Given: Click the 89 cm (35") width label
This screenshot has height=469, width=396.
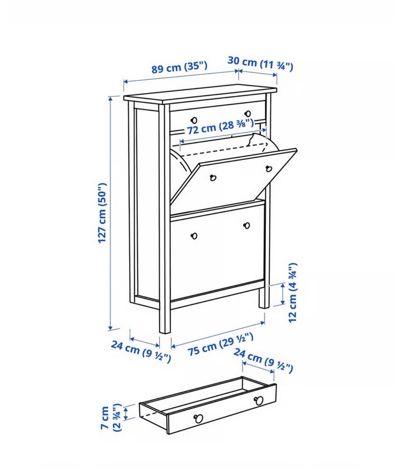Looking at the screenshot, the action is pos(179,67).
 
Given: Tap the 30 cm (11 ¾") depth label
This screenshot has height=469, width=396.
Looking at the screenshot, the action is pos(260,64).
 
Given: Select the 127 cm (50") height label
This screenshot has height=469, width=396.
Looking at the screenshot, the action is pos(102,213).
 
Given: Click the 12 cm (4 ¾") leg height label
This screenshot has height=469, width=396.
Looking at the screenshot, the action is pos(292,293).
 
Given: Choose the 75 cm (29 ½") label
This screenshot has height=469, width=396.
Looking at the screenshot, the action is pos(221,344).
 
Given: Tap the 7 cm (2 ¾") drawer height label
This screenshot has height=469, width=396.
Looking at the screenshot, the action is pos(110,417).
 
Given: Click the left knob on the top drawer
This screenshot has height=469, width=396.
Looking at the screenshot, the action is pos(194,120).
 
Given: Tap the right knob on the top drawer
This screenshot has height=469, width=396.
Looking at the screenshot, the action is pos(248,114).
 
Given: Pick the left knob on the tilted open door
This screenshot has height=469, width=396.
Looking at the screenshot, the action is pos(213,178).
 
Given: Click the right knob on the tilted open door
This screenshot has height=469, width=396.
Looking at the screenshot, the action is pos(269,169).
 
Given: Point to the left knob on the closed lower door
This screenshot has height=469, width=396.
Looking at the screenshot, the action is pos(194,236).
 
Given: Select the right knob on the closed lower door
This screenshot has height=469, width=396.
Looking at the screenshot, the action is pos(247,225).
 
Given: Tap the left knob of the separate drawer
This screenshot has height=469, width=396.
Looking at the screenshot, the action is pos(198,418).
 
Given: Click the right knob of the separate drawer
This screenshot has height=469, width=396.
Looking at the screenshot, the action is pos(259,400).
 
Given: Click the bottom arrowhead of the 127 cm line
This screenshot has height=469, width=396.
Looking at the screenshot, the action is pos(110,328).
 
